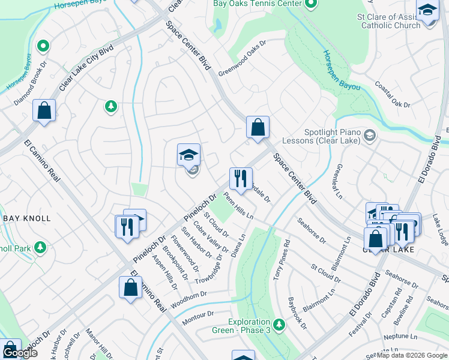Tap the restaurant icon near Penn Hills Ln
point(241,179)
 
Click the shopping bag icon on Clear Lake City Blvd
point(44,110)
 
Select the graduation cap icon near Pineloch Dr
point(188,155)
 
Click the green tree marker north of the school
point(110,107)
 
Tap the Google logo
point(19,353)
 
